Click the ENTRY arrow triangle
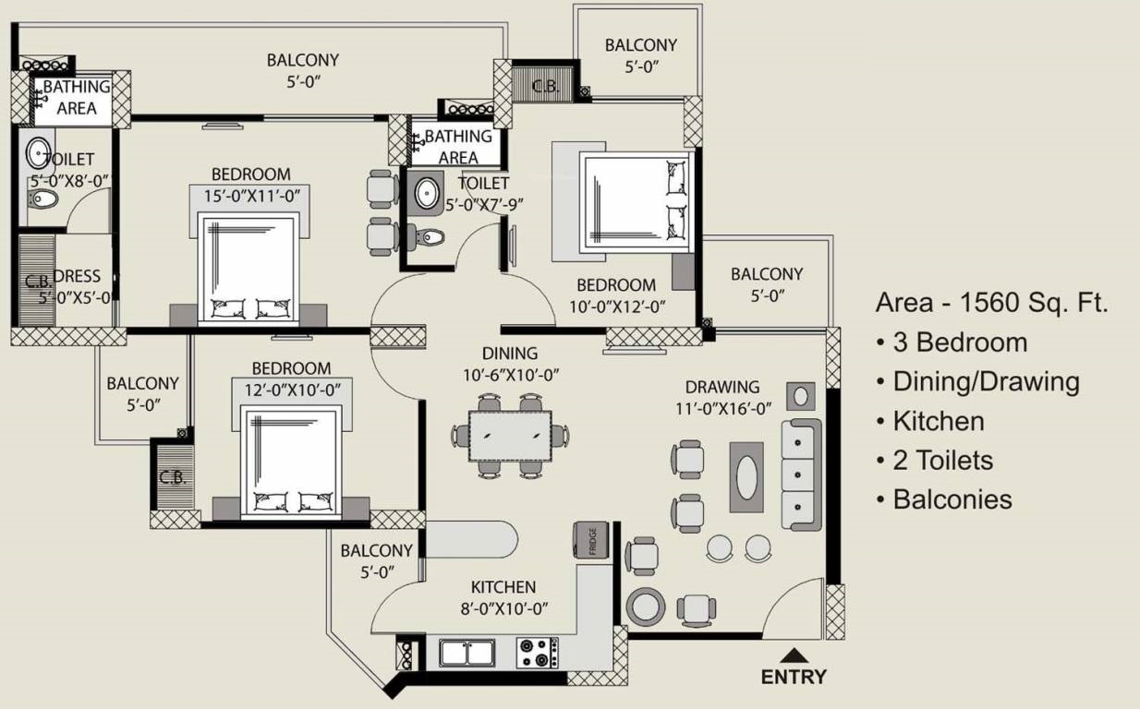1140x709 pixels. (x=793, y=655)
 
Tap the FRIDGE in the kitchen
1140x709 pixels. (x=591, y=540)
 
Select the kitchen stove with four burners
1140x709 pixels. (x=537, y=653)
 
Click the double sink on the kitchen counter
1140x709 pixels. (x=467, y=653)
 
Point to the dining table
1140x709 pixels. (x=510, y=437)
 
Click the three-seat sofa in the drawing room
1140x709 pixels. (x=801, y=475)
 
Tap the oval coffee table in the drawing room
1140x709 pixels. (x=746, y=477)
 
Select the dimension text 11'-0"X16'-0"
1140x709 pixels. (x=722, y=408)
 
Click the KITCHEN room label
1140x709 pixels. (x=503, y=587)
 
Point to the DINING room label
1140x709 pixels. (x=510, y=353)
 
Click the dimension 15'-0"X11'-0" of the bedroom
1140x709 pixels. (x=252, y=196)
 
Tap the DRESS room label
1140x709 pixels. (x=77, y=276)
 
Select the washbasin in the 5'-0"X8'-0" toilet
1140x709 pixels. (x=38, y=152)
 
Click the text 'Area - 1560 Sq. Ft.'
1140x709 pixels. (x=991, y=302)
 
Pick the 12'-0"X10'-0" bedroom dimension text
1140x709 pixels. (x=293, y=391)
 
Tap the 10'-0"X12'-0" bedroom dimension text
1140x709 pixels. (x=617, y=306)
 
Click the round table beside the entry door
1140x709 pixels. (x=646, y=607)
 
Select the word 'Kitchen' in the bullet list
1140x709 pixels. (x=939, y=421)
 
